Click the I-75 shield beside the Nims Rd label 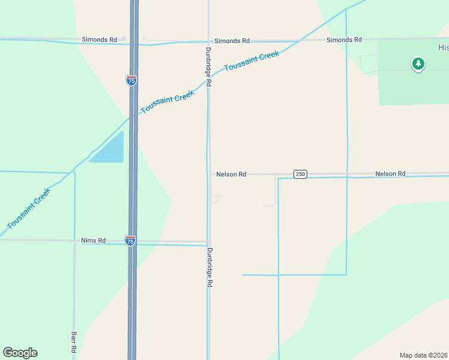pyautogui.click(x=130, y=241)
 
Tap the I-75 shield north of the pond pyautogui.click(x=131, y=80)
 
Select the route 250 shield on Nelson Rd pyautogui.click(x=300, y=174)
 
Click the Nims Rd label pyautogui.click(x=93, y=241)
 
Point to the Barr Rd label pyautogui.click(x=74, y=341)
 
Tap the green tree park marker pyautogui.click(x=418, y=64)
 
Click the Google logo pyautogui.click(x=20, y=353)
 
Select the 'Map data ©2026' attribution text pyautogui.click(x=424, y=355)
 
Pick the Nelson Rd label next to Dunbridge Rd pyautogui.click(x=231, y=174)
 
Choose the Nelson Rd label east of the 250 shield pyautogui.click(x=390, y=173)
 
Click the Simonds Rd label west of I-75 pyautogui.click(x=100, y=40)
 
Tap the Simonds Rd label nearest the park pyautogui.click(x=344, y=40)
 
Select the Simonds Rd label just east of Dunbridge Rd pyautogui.click(x=232, y=41)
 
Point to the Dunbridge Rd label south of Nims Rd pyautogui.click(x=209, y=268)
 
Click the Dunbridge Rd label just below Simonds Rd pyautogui.click(x=208, y=67)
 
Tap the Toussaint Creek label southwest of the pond pyautogui.click(x=29, y=208)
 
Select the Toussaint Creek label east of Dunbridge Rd pyautogui.click(x=252, y=61)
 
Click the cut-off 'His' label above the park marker pyautogui.click(x=443, y=47)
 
